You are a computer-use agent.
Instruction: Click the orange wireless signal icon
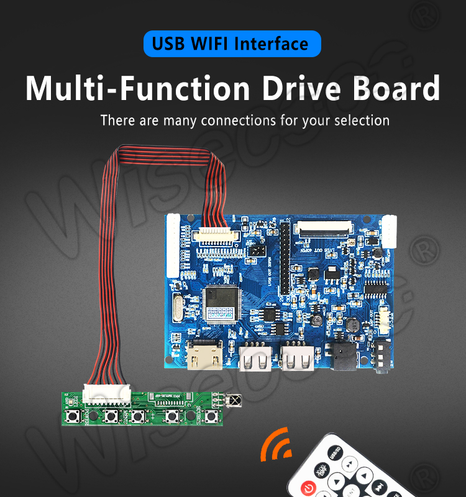[x=276, y=446]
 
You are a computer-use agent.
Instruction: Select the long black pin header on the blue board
[x=285, y=260]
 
